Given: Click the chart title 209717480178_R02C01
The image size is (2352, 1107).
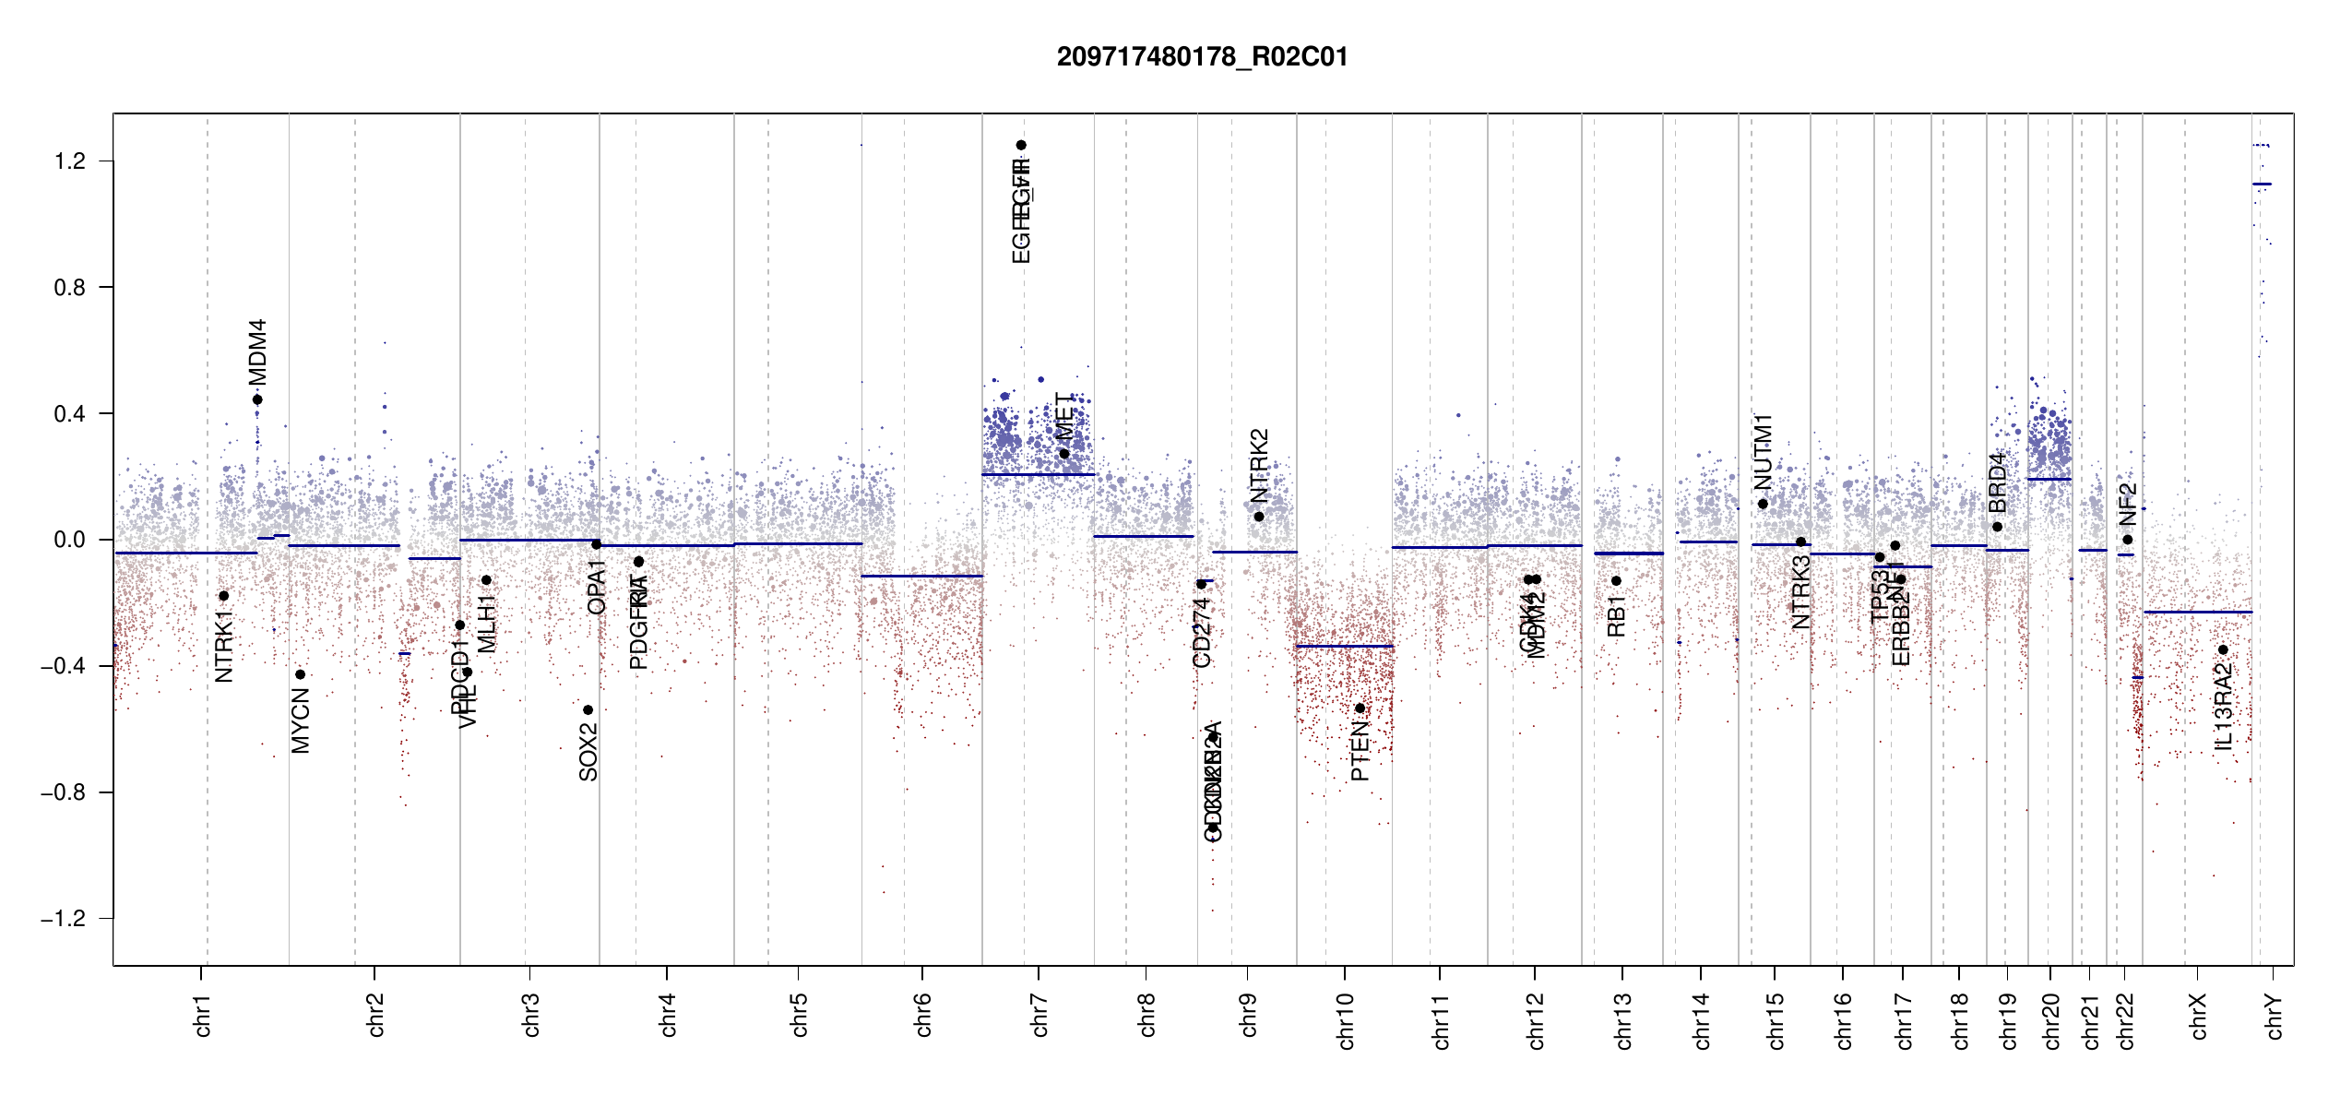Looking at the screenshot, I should [1202, 57].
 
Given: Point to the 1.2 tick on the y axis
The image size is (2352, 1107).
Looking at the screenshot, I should [69, 161].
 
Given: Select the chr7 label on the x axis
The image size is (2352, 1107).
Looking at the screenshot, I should [1039, 1015].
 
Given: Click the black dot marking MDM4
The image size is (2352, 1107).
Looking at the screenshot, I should [257, 399].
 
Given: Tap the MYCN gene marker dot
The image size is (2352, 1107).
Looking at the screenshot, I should [300, 674].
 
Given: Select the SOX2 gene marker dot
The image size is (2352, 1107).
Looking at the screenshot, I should [588, 710].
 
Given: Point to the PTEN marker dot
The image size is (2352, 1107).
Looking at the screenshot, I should [1360, 708].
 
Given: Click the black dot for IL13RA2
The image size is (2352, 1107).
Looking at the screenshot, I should [2223, 650].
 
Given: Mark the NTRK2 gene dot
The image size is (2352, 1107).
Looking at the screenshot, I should [1259, 517].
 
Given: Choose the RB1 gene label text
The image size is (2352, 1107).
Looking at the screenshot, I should [1616, 616].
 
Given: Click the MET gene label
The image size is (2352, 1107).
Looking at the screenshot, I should [1064, 416].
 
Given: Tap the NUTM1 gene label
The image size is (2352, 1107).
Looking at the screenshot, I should [1763, 452].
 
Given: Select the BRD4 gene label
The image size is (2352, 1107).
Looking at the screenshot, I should [1997, 482].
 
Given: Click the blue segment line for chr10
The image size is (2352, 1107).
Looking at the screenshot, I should [1344, 646].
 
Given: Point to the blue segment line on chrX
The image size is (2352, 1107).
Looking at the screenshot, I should [2197, 612].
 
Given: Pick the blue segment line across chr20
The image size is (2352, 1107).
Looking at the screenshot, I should [2049, 479].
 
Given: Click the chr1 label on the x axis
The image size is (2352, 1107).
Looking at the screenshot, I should [202, 1015].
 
